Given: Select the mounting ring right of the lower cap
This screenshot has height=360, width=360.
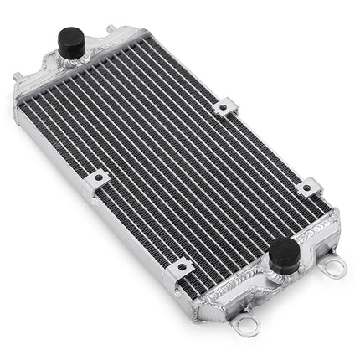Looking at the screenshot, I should (334, 266).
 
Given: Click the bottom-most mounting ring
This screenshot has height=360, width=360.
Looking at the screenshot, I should (246, 320).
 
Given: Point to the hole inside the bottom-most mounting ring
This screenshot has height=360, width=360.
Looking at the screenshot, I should (246, 321).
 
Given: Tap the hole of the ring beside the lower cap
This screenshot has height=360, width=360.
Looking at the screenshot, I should (336, 267).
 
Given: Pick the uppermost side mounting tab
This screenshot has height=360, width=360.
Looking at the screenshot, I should (224, 106).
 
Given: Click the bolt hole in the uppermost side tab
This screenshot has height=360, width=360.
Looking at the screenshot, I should (225, 106).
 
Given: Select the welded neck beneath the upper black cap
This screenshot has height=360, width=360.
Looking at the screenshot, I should (71, 60).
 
